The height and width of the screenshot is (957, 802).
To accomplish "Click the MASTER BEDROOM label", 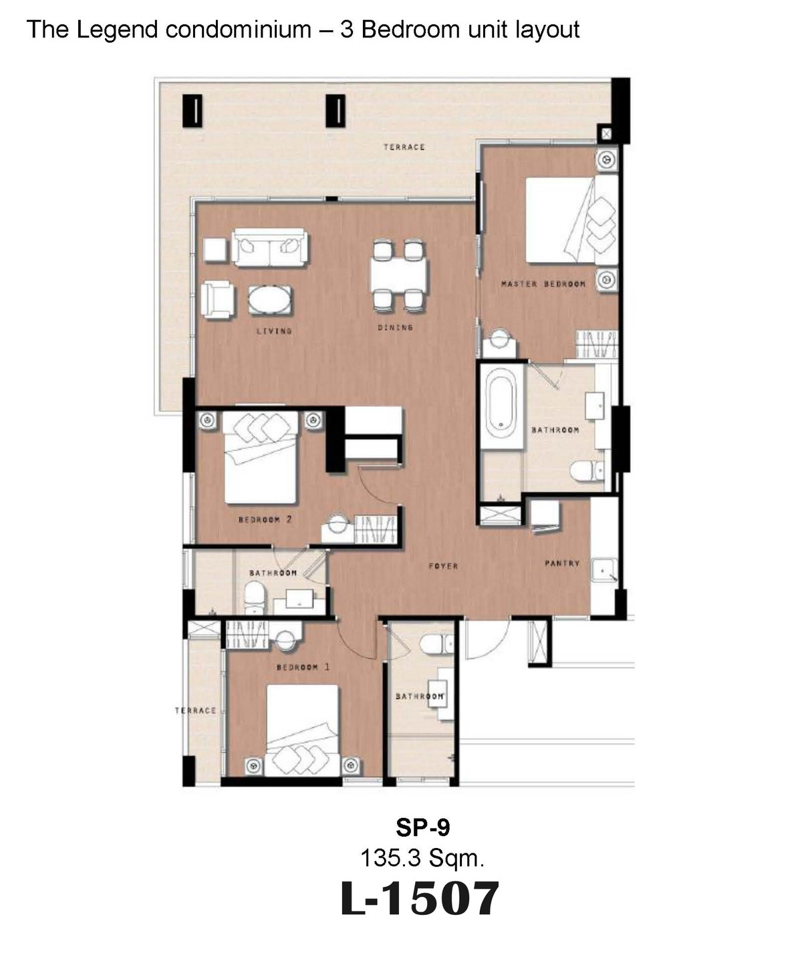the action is pos(543,284).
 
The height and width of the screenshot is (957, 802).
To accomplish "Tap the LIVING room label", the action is pos(274,331).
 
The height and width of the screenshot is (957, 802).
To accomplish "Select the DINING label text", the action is pos(395,327).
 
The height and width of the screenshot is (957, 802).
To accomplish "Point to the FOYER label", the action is pos(443,566).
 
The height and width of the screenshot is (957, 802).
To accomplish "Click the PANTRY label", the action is pos(562,563).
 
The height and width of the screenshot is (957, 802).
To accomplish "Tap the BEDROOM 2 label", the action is pos(265,520).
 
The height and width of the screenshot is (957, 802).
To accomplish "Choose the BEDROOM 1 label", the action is pos(303,668).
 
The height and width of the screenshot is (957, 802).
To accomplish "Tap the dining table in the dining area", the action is pos(398,274).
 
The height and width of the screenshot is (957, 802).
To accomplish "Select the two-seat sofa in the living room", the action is pos(269,247).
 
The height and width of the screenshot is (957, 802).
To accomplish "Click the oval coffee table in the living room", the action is pos(269,300).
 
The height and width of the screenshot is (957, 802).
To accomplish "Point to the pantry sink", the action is pos(603,571).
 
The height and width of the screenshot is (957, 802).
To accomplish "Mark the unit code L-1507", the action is pos(420,899).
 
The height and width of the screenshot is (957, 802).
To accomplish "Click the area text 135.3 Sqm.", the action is pos(422,857).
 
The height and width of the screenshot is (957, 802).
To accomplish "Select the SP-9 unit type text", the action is pos(423,827).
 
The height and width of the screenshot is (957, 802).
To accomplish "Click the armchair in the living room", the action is pos(218,300).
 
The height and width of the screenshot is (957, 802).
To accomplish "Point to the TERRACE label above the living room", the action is pos(404,147).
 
